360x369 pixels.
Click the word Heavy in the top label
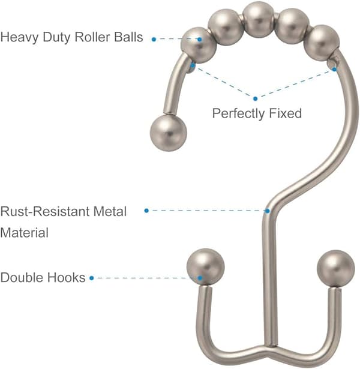click(x=20, y=38)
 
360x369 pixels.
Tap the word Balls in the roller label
click(x=128, y=37)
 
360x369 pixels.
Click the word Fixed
click(x=286, y=113)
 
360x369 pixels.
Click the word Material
click(x=25, y=233)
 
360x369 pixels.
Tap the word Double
click(x=21, y=277)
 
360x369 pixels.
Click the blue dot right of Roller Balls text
click(x=154, y=40)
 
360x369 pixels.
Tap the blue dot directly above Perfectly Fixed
click(x=256, y=98)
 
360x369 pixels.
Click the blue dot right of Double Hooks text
click(x=92, y=278)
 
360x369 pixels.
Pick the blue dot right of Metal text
click(x=146, y=211)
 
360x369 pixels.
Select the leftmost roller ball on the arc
click(x=199, y=45)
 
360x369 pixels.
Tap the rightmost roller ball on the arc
click(x=322, y=43)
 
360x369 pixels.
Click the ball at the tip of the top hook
click(x=169, y=133)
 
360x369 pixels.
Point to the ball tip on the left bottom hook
click(x=205, y=267)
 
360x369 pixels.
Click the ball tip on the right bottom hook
click(x=336, y=269)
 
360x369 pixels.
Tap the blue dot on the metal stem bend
click(x=267, y=211)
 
